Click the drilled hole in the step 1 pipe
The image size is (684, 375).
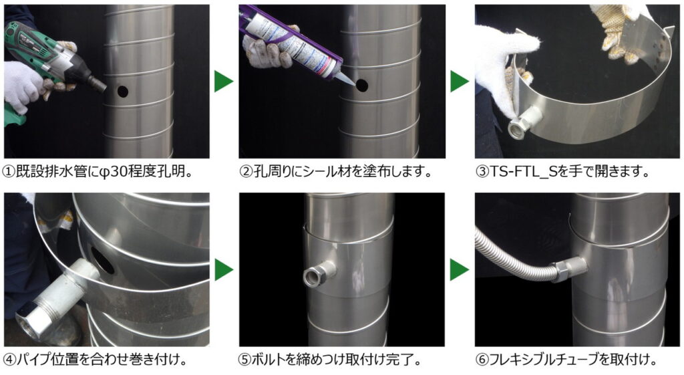point(123,92)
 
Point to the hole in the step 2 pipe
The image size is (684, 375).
point(361,85)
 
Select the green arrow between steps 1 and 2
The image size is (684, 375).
point(224,81)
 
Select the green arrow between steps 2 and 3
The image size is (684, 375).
point(460,81)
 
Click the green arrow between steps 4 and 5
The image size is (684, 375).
point(224,269)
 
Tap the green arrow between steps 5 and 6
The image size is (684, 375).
point(460,269)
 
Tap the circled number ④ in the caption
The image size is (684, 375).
point(9,360)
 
